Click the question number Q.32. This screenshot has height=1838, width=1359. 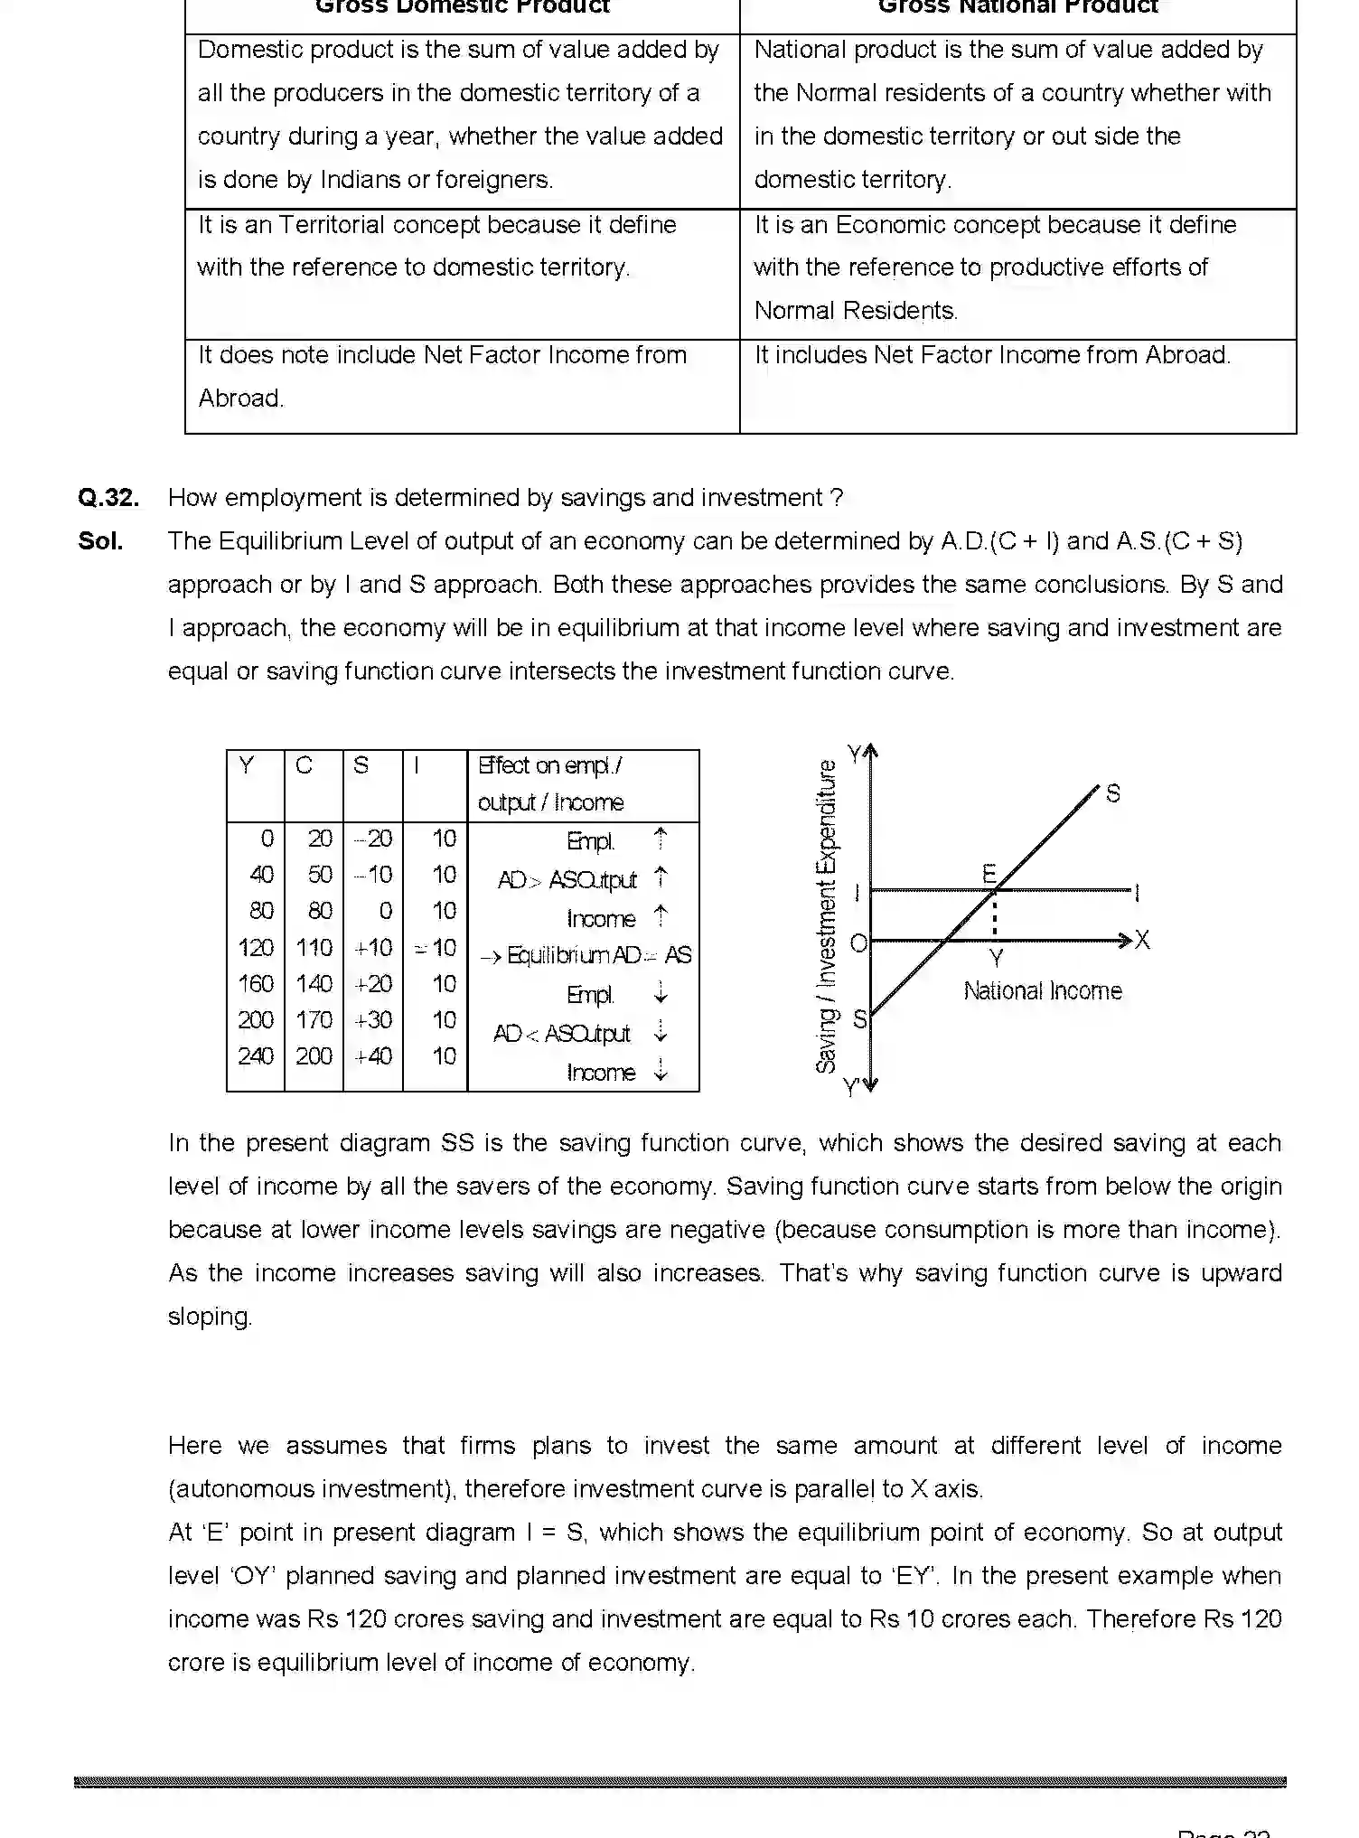108,498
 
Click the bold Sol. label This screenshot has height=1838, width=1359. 100,541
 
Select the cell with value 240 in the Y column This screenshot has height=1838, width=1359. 256,1055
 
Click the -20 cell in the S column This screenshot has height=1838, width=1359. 373,839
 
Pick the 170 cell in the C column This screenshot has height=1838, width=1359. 314,1019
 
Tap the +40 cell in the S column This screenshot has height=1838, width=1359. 373,1055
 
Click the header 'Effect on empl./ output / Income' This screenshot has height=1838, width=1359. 550,783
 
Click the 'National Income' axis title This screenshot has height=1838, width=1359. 1043,991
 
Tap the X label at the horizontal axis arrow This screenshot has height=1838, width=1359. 1142,941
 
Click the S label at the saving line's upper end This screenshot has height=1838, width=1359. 1113,793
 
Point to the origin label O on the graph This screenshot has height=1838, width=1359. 858,943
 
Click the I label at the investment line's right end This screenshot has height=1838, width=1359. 1137,894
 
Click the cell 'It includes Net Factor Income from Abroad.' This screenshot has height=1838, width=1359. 992,355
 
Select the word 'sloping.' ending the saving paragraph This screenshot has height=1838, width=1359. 210,1317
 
